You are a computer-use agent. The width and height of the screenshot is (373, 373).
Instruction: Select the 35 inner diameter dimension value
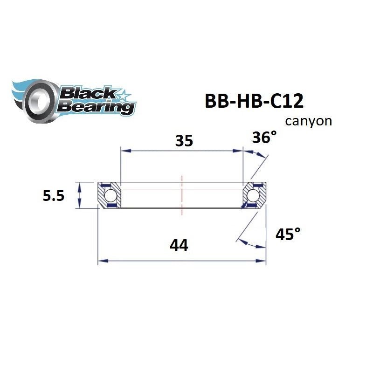point(184,140)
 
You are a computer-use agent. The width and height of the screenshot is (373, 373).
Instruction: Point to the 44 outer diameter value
point(179,244)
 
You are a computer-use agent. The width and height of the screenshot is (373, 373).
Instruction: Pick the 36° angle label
point(263,138)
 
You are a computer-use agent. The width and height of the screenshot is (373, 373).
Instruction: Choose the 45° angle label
point(287,234)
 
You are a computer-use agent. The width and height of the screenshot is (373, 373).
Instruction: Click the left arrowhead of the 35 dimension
point(124,151)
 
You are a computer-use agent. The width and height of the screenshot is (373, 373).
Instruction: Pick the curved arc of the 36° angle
point(257,156)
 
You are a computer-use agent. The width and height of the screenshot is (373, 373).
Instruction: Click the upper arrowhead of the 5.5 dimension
point(80,186)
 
